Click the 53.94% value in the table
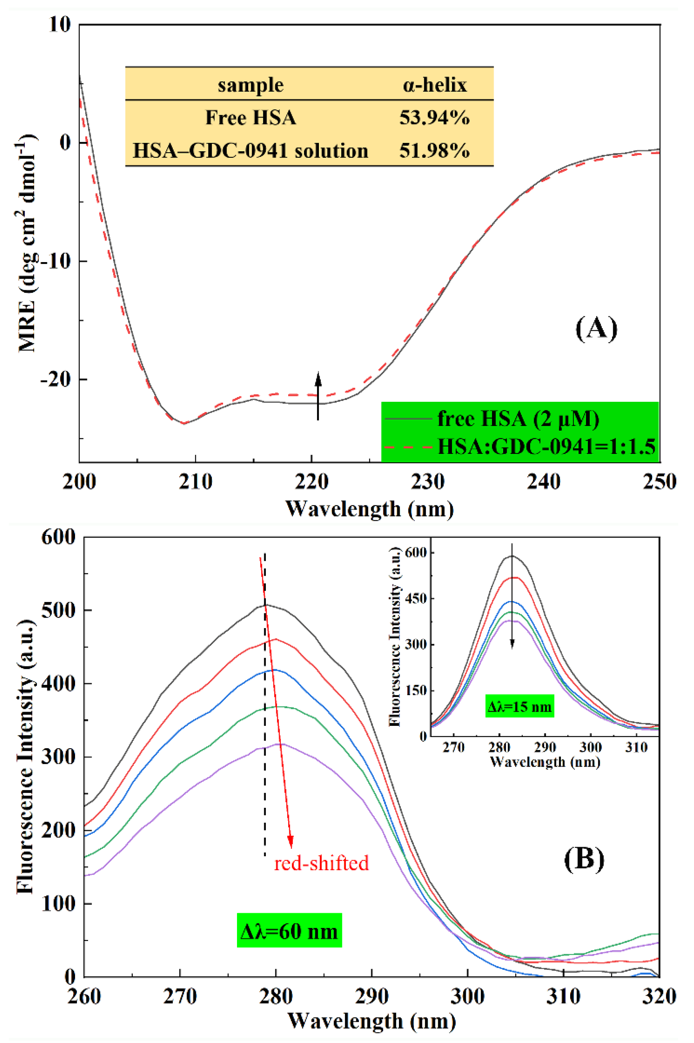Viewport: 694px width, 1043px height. click(434, 118)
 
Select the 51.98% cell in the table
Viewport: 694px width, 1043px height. click(434, 151)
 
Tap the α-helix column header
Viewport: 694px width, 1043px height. click(434, 85)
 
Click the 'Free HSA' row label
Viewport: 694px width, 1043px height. click(250, 118)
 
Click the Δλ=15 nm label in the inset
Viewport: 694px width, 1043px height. click(520, 707)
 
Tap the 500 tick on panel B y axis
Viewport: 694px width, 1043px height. click(58, 610)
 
